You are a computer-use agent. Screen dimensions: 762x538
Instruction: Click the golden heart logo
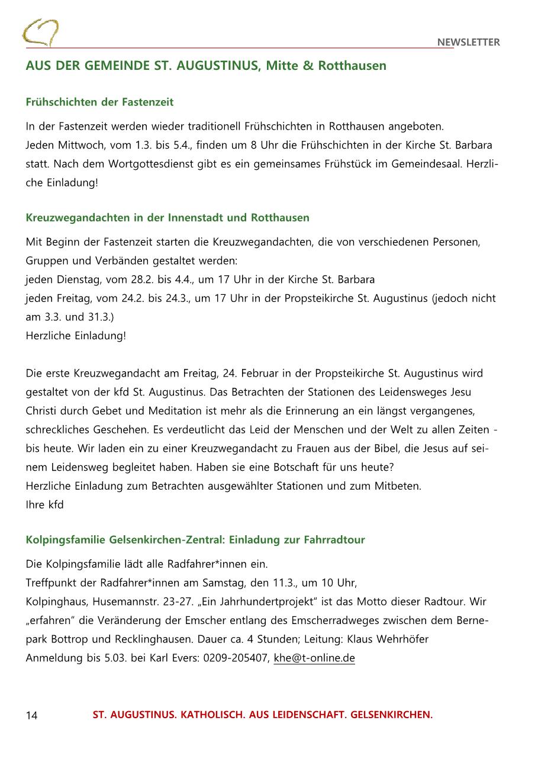(40, 33)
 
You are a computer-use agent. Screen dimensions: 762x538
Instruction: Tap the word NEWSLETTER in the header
(468, 42)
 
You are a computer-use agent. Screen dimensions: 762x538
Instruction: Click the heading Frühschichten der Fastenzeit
(99, 102)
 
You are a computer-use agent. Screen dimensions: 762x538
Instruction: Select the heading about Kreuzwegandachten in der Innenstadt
(167, 217)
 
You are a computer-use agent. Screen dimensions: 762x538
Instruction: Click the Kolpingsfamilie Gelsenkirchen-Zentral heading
(195, 539)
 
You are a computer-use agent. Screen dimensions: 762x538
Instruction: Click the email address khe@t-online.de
(314, 658)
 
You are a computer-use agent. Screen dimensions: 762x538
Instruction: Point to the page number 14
(31, 715)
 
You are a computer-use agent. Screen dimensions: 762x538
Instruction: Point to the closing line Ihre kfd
(45, 504)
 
